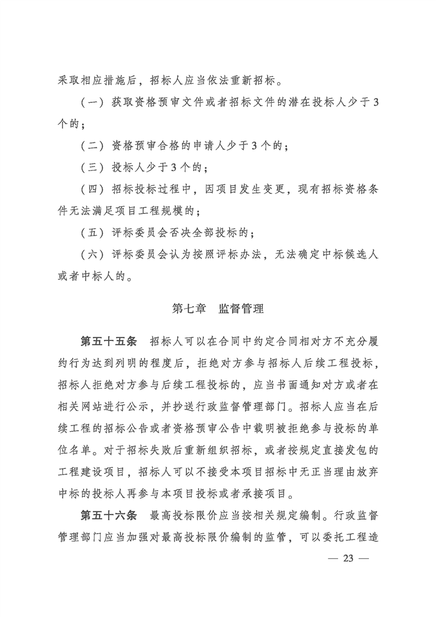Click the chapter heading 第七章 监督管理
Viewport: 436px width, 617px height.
[218, 309]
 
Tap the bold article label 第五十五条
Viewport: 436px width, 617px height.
[108, 341]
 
